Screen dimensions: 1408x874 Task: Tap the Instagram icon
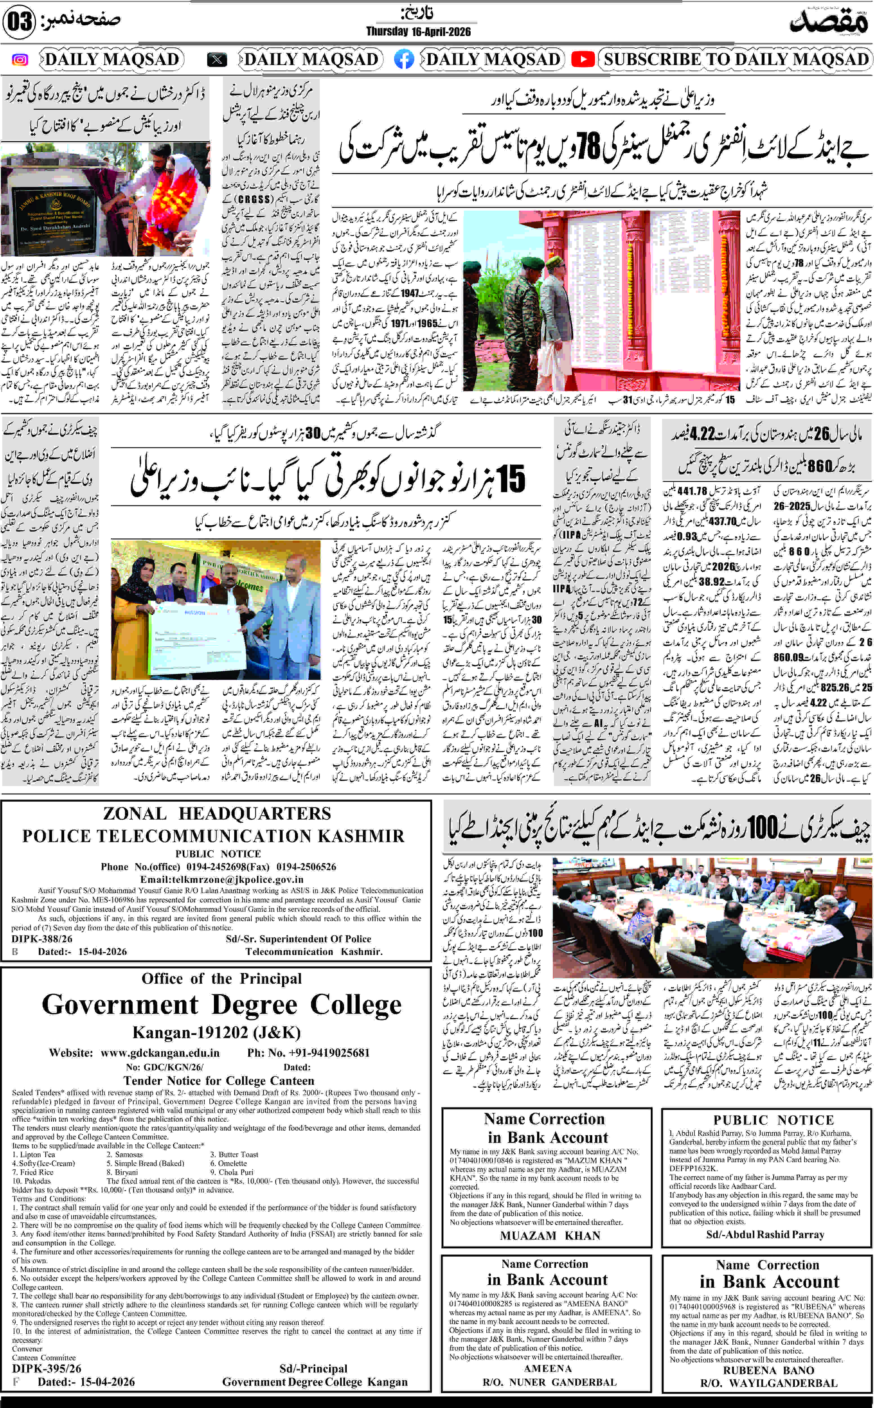click(x=20, y=59)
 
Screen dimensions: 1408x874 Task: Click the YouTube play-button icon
click(x=583, y=59)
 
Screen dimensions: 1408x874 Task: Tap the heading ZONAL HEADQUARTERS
click(x=217, y=813)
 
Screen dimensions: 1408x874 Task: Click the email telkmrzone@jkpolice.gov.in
click(x=222, y=879)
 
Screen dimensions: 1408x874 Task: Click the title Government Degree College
click(x=222, y=1005)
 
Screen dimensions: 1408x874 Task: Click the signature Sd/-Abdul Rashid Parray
click(x=765, y=1234)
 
